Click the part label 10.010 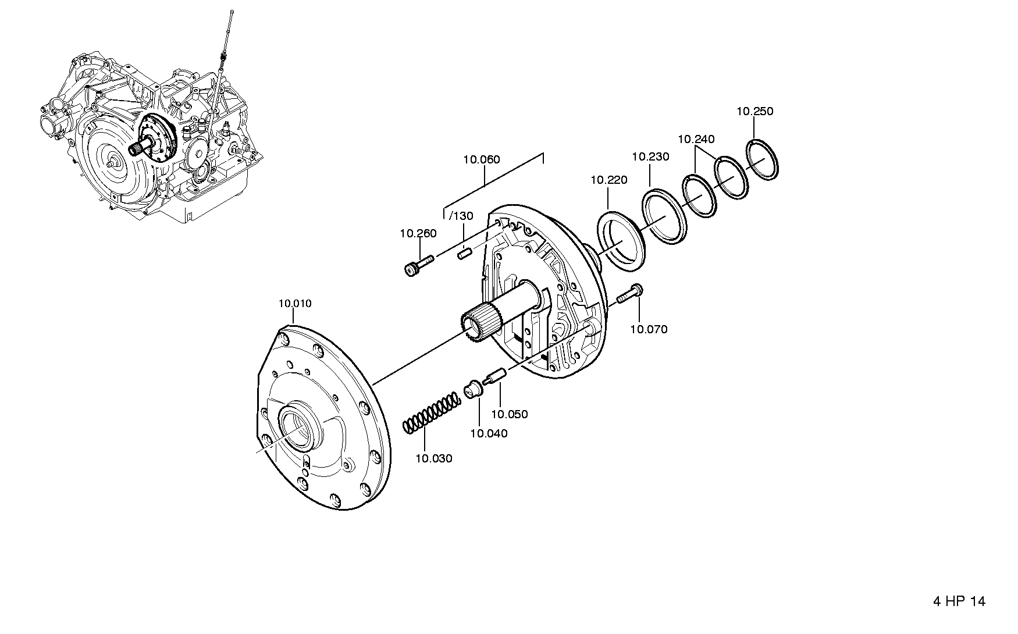295,304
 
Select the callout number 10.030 434,458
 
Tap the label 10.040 489,433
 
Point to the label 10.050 510,414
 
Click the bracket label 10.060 482,159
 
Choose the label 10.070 649,329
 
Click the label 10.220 609,180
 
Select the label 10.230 651,156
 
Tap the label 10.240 696,139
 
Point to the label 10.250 755,111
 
